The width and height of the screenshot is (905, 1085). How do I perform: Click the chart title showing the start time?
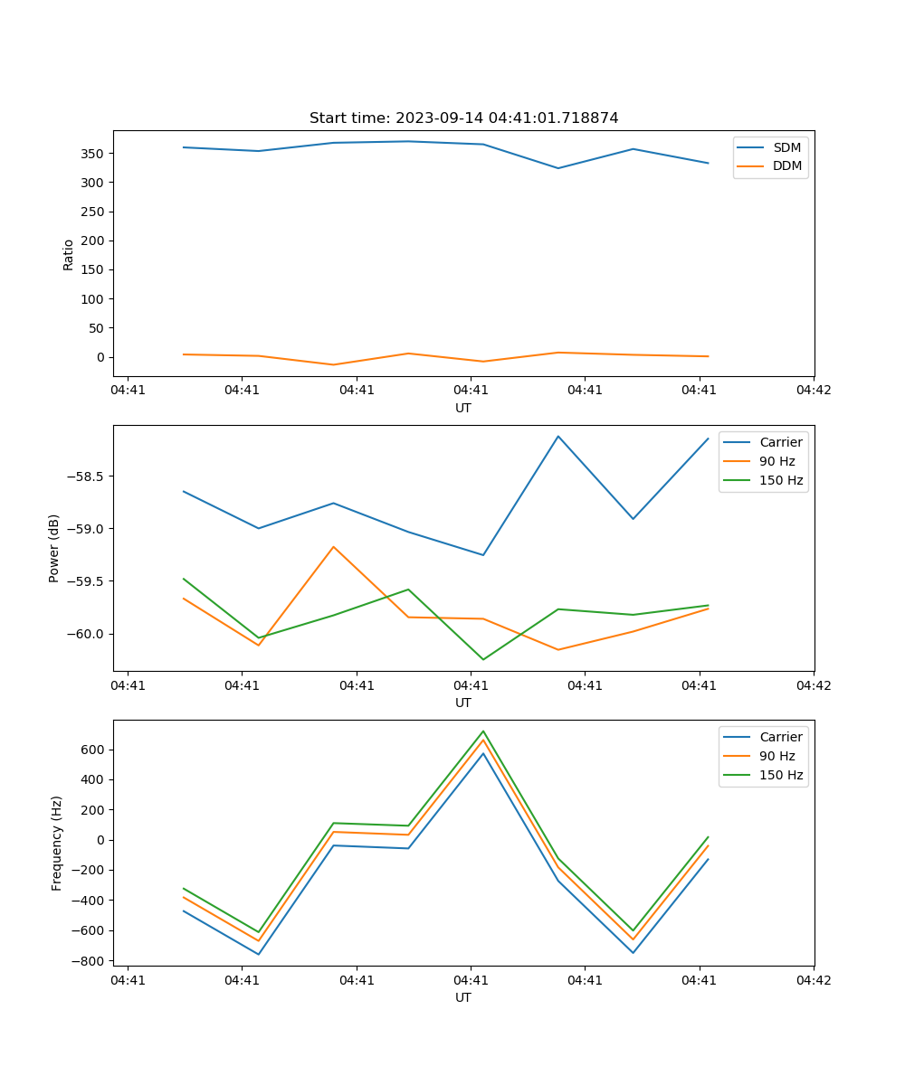point(463,118)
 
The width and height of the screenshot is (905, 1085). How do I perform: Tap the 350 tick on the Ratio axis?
point(95,154)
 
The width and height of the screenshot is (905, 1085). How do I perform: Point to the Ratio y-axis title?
point(69,254)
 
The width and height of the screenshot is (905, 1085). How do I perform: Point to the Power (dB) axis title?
point(54,548)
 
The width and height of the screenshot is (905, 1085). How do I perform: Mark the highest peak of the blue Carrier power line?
point(558,436)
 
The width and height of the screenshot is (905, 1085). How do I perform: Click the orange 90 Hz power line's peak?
point(333,546)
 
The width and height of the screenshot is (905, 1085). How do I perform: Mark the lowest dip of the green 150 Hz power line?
point(483,659)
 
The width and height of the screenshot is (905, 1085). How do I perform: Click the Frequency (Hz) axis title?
point(57,843)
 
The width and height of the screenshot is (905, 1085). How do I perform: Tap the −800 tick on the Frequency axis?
point(90,961)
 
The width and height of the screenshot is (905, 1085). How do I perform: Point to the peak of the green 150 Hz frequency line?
point(483,731)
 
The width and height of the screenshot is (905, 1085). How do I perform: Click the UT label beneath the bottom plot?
point(463,997)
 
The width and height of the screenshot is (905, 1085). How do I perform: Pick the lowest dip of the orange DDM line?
point(333,364)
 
